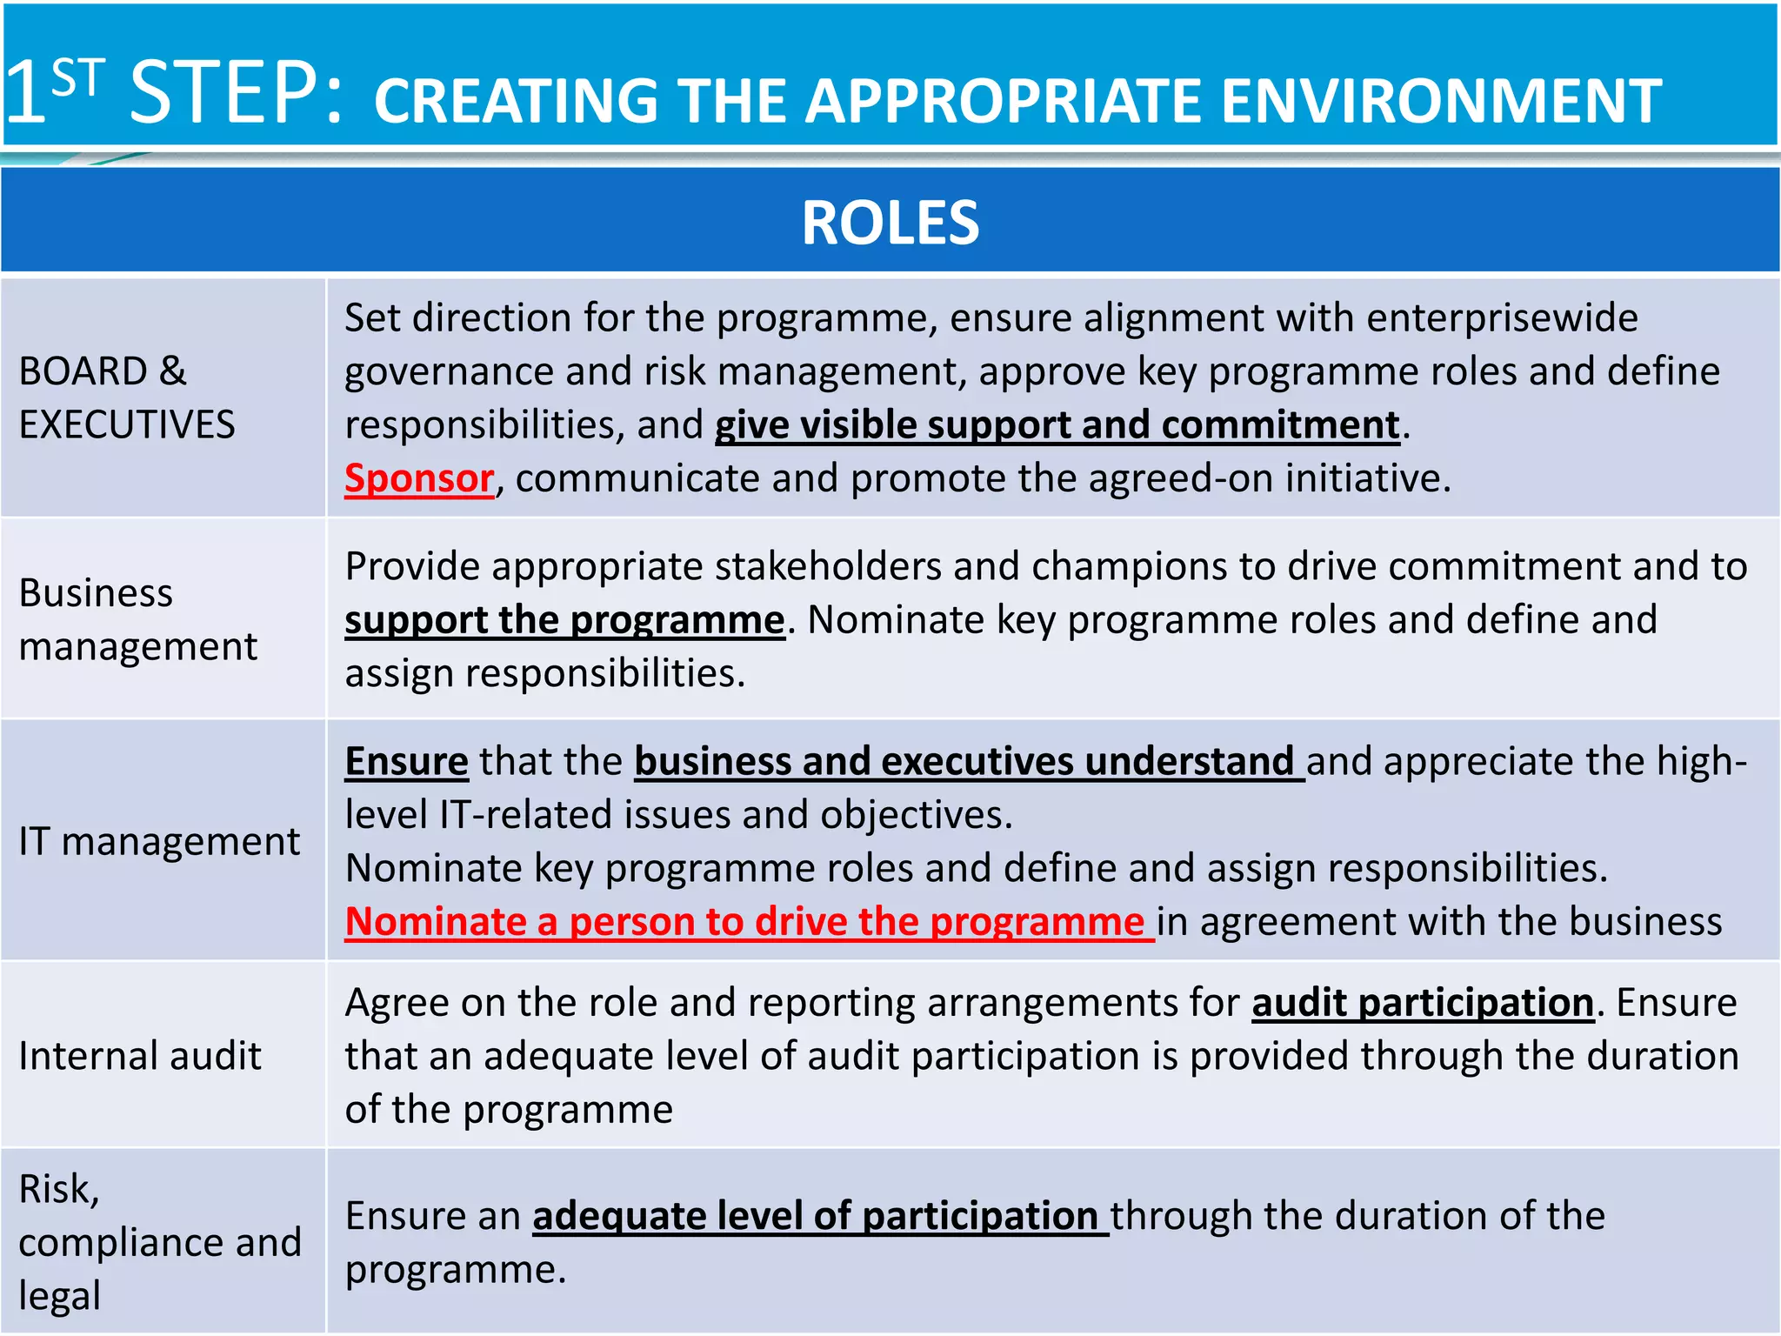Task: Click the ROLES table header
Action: [890, 223]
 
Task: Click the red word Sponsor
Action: [419, 478]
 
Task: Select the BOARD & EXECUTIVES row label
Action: [127, 397]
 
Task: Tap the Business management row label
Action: [137, 619]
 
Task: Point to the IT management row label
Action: [159, 841]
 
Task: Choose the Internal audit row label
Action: [140, 1056]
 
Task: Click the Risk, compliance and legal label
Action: [159, 1241]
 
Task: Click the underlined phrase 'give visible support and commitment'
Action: [1057, 425]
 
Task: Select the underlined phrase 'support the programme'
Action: [564, 620]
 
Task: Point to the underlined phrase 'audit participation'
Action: [1422, 1003]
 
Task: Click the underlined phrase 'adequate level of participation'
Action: [816, 1216]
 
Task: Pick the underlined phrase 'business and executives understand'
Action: [964, 762]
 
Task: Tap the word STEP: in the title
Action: [235, 92]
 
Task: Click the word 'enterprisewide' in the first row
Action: [1502, 318]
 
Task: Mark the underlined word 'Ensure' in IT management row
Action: [406, 762]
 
